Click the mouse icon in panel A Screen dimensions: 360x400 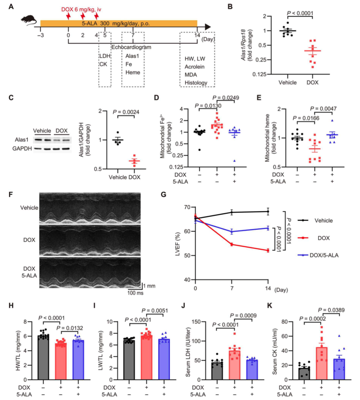[29, 20]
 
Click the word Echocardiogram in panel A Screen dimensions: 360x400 [131, 47]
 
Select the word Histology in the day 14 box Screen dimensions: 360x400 [196, 83]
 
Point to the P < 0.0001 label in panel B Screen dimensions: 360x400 [300, 13]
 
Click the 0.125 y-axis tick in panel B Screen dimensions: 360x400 [259, 74]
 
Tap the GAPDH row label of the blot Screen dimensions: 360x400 [22, 149]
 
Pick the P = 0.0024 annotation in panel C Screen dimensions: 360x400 [126, 112]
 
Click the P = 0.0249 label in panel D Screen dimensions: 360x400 [226, 98]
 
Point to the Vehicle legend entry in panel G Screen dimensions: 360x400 [315, 220]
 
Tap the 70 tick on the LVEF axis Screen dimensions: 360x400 [187, 207]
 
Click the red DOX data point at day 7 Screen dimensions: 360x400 [232, 244]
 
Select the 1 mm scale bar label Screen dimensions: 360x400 [149, 286]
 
